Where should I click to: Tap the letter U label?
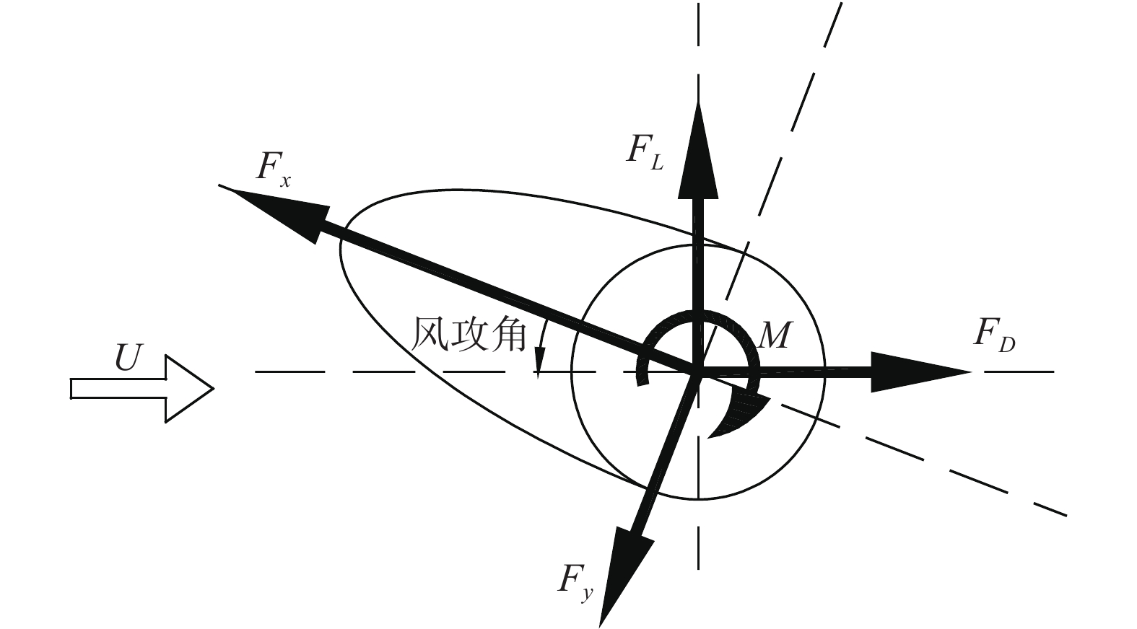(127, 359)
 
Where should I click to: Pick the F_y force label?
(575, 581)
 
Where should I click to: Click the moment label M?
(775, 335)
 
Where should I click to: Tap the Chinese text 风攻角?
(468, 335)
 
